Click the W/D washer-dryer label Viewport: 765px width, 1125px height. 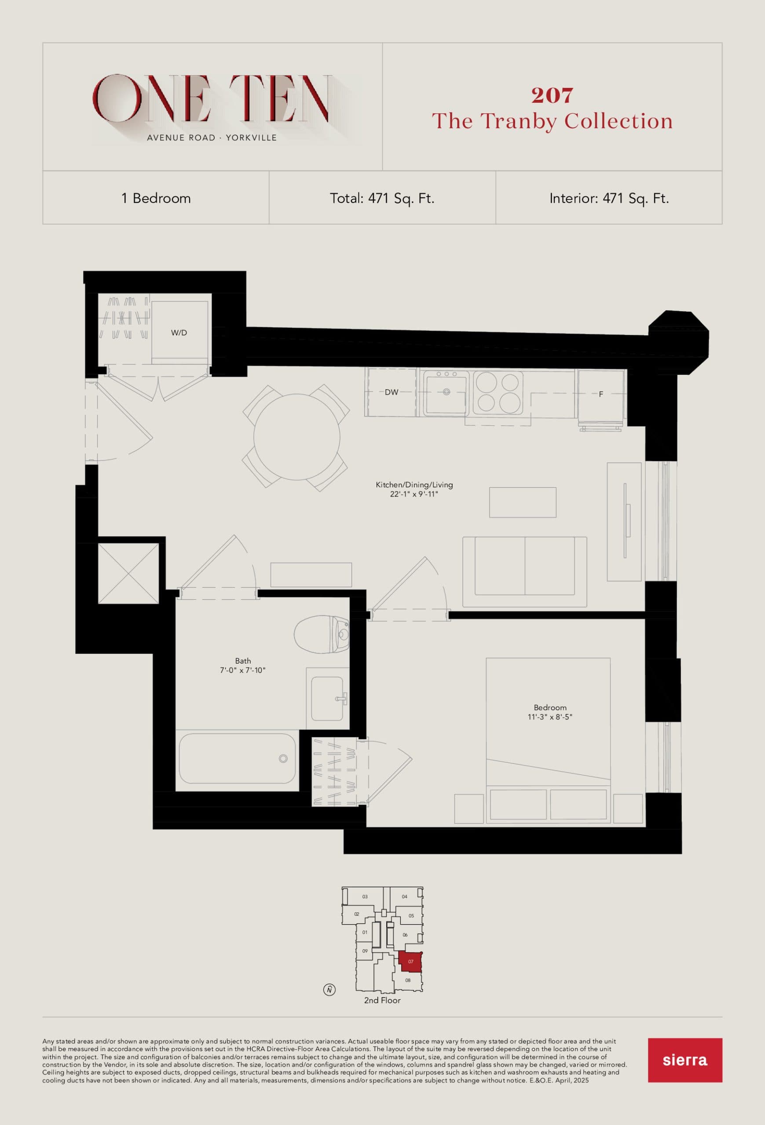[179, 333]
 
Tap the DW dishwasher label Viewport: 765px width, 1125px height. [392, 392]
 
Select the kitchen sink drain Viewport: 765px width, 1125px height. [446, 392]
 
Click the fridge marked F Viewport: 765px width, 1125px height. [601, 394]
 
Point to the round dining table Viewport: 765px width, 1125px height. [296, 437]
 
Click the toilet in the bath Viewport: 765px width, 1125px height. [322, 634]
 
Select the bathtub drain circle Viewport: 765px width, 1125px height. [283, 758]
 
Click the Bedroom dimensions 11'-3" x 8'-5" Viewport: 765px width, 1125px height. [550, 717]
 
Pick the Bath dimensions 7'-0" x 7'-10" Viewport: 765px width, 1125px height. [243, 671]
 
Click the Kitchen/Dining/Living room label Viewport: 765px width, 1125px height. [414, 485]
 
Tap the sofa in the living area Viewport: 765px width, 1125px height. [525, 571]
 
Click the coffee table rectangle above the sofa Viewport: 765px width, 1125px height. [522, 502]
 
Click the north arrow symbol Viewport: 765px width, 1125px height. [329, 990]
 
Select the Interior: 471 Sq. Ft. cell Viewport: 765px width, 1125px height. [608, 198]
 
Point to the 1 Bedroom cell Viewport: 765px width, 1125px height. [156, 198]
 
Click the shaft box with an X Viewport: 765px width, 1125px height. [128, 573]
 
